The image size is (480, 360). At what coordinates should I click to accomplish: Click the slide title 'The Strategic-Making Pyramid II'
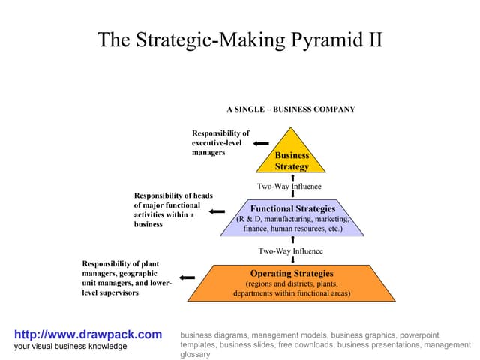pyautogui.click(x=240, y=40)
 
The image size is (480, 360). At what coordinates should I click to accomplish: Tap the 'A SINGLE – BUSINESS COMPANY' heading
pyautogui.click(x=291, y=109)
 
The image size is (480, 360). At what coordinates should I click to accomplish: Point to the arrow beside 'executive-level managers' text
pyautogui.click(x=261, y=143)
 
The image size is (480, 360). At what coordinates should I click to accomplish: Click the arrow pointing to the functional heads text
pyautogui.click(x=217, y=211)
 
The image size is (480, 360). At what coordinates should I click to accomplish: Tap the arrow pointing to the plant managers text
pyautogui.click(x=187, y=277)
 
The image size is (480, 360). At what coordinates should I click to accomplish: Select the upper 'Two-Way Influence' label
pyautogui.click(x=289, y=187)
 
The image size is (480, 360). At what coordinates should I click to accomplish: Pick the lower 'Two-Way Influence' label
pyautogui.click(x=291, y=251)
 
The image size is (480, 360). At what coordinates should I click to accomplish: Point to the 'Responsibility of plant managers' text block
pyautogui.click(x=127, y=277)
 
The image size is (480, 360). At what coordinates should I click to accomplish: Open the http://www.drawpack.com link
pyautogui.click(x=88, y=334)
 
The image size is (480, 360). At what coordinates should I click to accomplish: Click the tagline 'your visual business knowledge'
pyautogui.click(x=71, y=346)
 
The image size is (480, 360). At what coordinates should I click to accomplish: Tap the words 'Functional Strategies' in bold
pyautogui.click(x=292, y=208)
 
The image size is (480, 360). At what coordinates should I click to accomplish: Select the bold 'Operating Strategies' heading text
pyautogui.click(x=292, y=274)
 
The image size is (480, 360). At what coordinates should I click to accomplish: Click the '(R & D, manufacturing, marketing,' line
pyautogui.click(x=292, y=219)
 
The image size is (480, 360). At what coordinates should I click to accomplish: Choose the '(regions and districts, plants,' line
pyautogui.click(x=292, y=284)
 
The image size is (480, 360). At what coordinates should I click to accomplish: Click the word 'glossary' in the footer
pyautogui.click(x=195, y=355)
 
